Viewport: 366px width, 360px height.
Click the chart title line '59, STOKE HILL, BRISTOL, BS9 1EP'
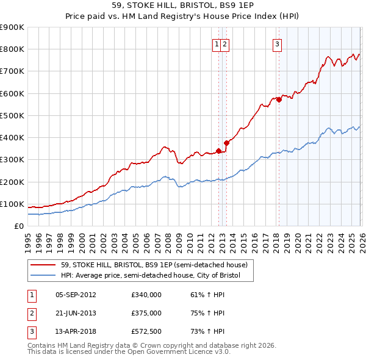pos(182,5)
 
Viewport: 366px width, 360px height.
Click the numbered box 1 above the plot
pos(217,44)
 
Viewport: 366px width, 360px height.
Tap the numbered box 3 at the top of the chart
pos(277,44)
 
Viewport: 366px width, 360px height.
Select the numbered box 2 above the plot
pos(225,44)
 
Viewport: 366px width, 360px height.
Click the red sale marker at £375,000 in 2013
pos(226,143)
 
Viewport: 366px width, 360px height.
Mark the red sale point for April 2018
pos(279,99)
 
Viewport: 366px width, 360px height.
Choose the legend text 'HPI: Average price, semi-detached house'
pos(151,276)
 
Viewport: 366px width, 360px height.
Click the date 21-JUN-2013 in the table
pos(76,312)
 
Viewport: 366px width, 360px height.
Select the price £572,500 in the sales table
pos(146,331)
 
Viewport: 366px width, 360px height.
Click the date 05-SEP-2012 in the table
pos(76,294)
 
